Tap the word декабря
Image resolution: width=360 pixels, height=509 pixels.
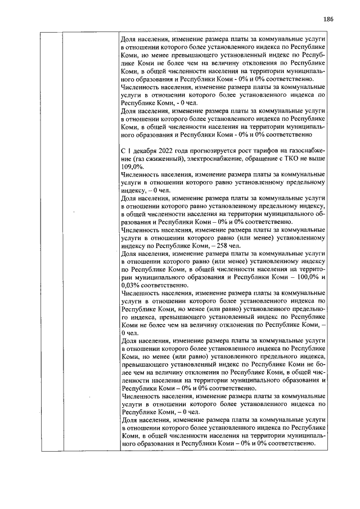pos(143,152)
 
